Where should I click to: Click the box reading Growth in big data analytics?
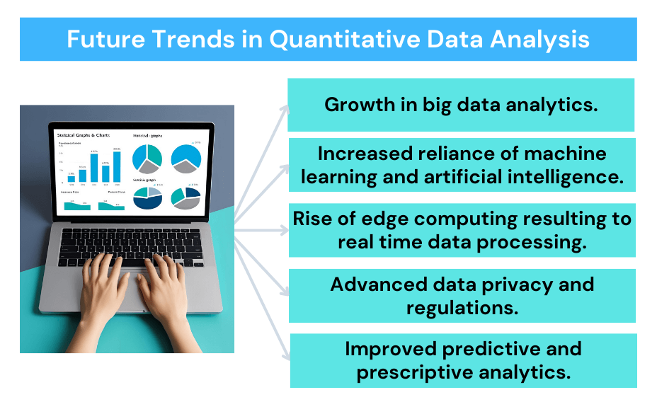pyautogui.click(x=461, y=105)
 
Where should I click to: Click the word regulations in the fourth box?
pyautogui.click(x=461, y=307)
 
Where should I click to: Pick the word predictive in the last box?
pyautogui.click(x=514, y=348)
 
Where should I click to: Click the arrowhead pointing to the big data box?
pyautogui.click(x=285, y=108)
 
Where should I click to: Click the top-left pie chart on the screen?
pyautogui.click(x=147, y=157)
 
